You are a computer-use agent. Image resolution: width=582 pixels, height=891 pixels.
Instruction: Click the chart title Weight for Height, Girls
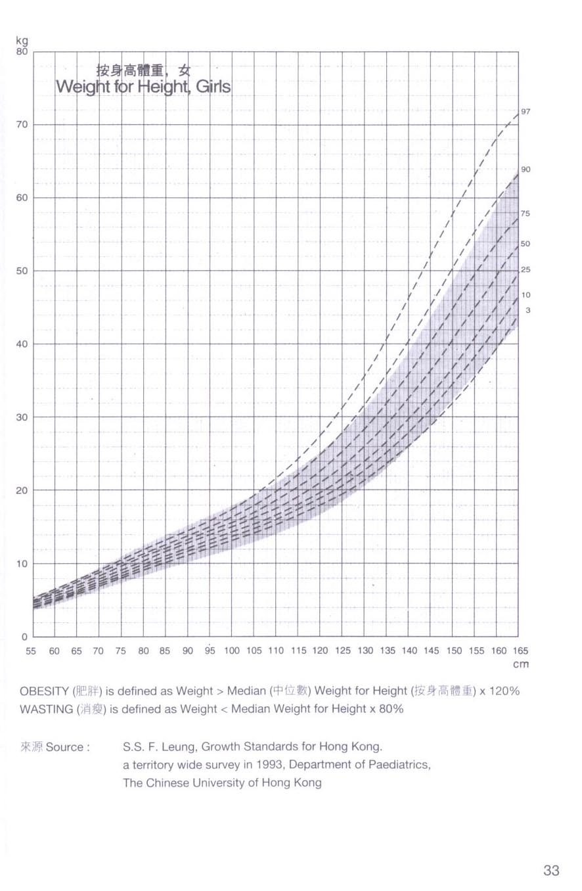point(143,86)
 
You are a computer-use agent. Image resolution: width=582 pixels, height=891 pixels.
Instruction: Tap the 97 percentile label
point(526,112)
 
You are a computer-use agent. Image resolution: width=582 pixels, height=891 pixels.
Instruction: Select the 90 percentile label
point(526,170)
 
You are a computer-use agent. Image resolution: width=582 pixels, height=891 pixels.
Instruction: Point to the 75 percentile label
point(526,214)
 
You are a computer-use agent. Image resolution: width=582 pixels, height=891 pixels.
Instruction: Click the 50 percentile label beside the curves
point(526,244)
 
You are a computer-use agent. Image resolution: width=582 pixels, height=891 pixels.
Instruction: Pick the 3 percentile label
point(527,310)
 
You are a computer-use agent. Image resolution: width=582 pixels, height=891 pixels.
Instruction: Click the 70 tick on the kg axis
point(22,125)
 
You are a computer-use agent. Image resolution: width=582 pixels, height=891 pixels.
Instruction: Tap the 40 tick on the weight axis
point(22,344)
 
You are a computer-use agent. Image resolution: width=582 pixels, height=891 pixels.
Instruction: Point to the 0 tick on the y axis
point(25,637)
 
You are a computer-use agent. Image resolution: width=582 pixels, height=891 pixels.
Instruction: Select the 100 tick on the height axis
point(232,651)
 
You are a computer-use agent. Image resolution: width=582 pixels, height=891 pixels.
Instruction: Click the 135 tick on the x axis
point(388,651)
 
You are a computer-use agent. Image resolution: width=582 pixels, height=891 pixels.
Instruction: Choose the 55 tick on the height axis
point(32,651)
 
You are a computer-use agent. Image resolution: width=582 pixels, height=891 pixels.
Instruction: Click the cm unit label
point(520,664)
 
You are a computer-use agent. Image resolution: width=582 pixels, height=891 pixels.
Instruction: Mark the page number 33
point(551,871)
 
